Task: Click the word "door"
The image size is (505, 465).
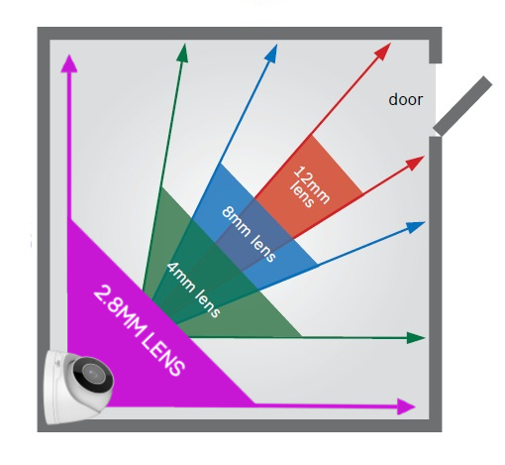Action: tap(405, 100)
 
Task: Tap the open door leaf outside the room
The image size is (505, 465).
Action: tap(462, 106)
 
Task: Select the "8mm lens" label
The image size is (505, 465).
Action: tap(249, 234)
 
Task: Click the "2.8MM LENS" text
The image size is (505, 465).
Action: tap(139, 330)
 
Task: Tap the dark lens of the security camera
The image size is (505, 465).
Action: tap(92, 373)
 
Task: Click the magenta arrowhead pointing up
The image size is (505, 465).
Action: tap(69, 63)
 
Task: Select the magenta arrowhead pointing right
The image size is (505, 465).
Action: tap(406, 407)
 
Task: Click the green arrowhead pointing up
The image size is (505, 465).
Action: tap(182, 53)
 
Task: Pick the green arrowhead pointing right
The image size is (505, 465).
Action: tap(416, 338)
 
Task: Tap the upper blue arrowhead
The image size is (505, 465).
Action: tap(271, 53)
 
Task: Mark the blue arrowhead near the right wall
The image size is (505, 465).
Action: tap(416, 227)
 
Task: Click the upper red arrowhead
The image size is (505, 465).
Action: tap(383, 51)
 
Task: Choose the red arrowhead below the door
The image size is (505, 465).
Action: tap(415, 163)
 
